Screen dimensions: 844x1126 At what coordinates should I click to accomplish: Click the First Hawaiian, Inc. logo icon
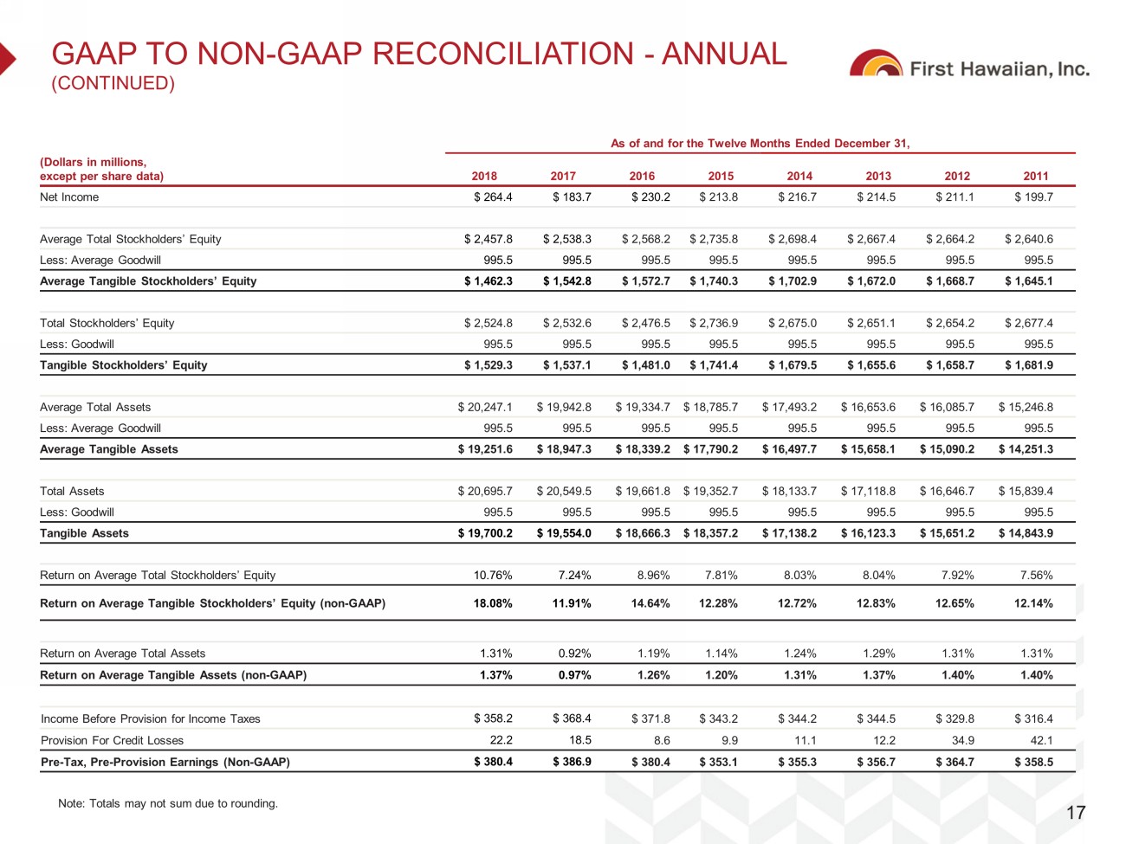pos(876,64)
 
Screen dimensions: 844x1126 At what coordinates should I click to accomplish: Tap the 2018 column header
pos(484,176)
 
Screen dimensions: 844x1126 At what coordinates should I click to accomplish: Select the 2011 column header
pos(1036,176)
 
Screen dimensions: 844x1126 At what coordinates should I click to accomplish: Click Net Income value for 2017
pos(572,197)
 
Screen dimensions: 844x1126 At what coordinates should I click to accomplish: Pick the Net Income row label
pos(69,197)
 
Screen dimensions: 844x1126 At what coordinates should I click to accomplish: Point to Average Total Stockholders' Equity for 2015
pos(714,239)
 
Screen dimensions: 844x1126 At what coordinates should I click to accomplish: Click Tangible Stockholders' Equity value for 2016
pos(645,365)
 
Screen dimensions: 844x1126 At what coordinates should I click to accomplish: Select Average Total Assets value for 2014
pos(789,407)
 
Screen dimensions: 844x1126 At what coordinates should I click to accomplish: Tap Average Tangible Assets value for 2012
pos(947,449)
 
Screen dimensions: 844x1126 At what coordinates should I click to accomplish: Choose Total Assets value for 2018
pos(485,491)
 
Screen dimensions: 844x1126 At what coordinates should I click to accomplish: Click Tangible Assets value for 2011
pos(1026,533)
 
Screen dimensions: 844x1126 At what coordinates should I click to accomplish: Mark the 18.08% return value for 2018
pos(493,603)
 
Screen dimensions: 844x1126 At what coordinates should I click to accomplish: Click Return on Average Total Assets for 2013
pos(878,654)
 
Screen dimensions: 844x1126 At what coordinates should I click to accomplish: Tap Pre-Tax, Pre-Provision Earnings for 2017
pos(572,762)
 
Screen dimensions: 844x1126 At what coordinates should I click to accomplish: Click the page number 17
pos(1075,812)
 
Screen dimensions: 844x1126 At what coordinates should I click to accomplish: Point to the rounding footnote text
pos(168,803)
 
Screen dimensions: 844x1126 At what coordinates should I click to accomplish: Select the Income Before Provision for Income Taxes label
pos(151,718)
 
